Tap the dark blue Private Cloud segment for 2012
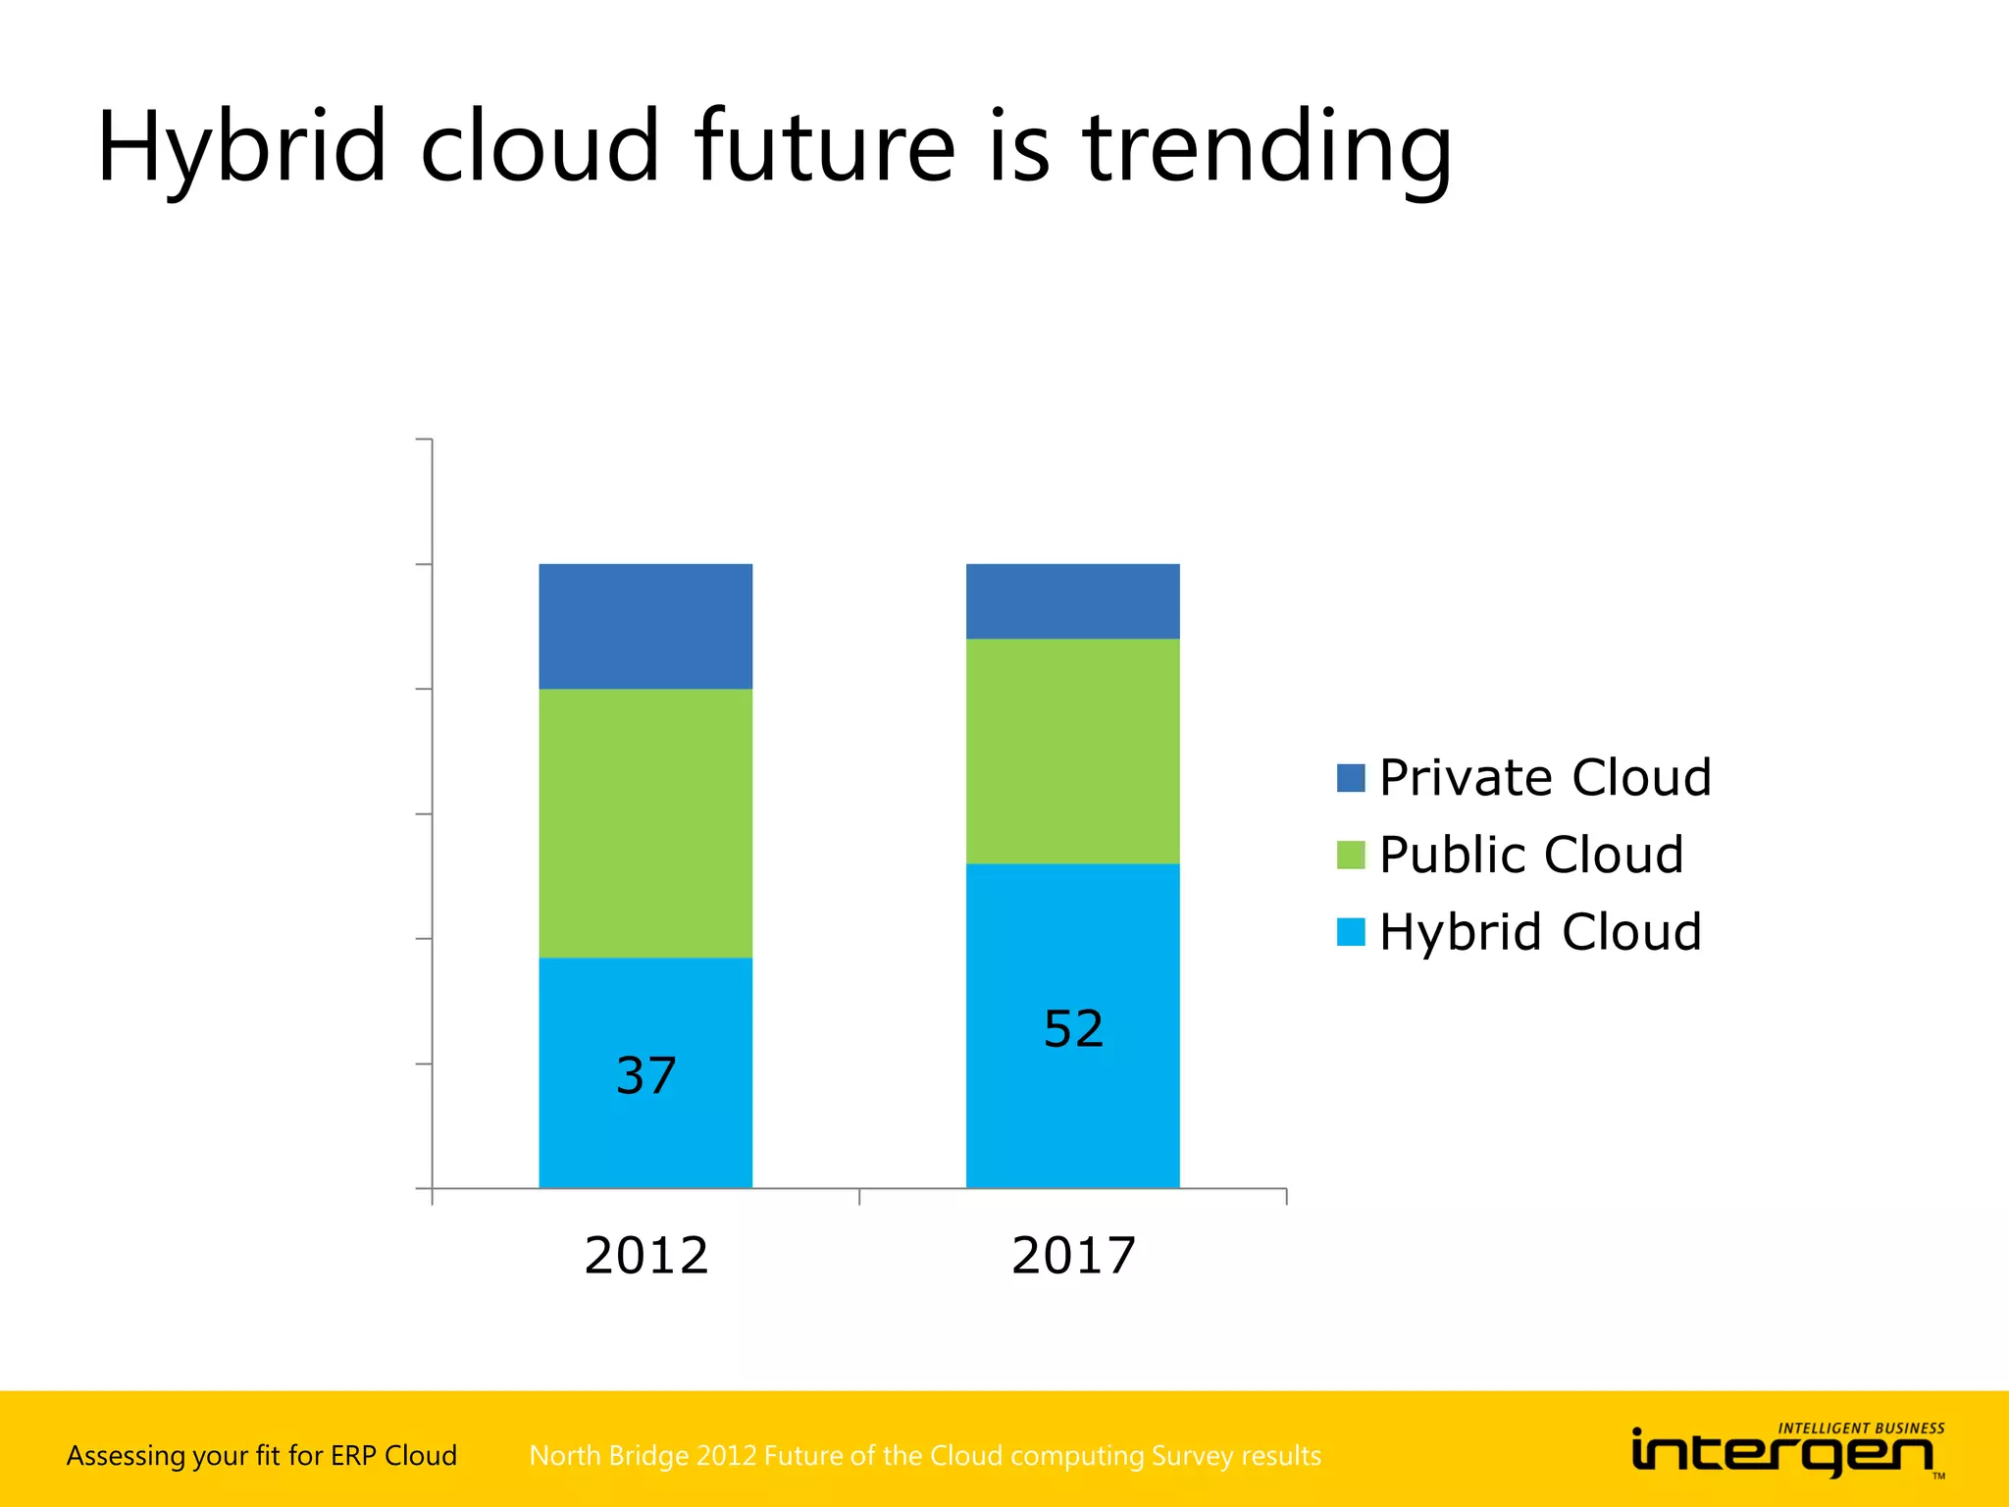click(x=645, y=626)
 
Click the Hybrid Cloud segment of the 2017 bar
click(x=1072, y=1109)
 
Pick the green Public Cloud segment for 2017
click(x=1072, y=751)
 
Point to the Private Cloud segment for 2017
click(x=1072, y=600)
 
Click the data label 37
click(x=645, y=1075)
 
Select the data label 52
click(x=1073, y=1029)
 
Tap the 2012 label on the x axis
click(x=645, y=1256)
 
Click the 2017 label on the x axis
click(x=1073, y=1256)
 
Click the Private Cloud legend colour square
click(x=1351, y=778)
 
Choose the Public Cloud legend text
click(x=1530, y=855)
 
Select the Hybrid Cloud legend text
click(x=1539, y=932)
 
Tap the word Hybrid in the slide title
click(x=241, y=149)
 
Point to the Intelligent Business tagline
click(x=1861, y=1429)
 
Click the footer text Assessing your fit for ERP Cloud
click(x=262, y=1455)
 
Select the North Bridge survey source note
click(x=924, y=1455)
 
